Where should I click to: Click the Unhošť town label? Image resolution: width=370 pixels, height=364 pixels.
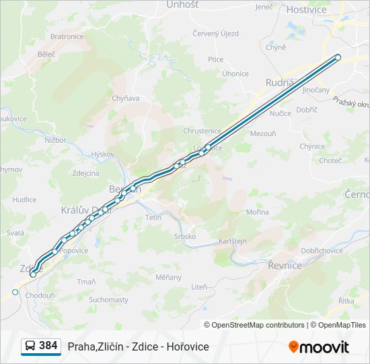click(x=182, y=5)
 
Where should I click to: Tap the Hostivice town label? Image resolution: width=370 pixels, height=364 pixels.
click(x=306, y=9)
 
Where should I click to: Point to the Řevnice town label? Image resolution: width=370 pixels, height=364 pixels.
click(x=285, y=266)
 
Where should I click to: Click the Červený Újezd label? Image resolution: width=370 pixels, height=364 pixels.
click(x=215, y=34)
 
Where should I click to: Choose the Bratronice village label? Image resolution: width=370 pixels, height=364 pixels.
click(x=67, y=36)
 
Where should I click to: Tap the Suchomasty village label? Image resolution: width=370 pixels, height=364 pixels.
click(x=108, y=299)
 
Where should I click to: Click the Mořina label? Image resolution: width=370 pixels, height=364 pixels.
click(x=257, y=212)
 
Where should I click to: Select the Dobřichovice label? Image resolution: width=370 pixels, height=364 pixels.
click(x=322, y=250)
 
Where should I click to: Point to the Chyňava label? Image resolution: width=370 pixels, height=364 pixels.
click(x=125, y=98)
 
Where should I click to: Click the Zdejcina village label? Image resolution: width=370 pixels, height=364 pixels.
click(x=85, y=173)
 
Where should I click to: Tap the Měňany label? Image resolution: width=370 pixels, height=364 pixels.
click(x=168, y=277)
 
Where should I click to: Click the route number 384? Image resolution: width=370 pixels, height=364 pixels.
click(x=48, y=345)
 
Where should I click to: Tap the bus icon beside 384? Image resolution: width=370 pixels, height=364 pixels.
click(x=30, y=346)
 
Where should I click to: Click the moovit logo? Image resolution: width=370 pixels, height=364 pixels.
click(x=319, y=346)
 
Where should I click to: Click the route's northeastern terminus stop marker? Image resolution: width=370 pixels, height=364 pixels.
click(x=338, y=57)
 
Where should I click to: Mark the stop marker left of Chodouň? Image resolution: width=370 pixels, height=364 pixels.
click(x=15, y=292)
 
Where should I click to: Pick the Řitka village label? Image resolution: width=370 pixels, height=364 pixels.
click(x=346, y=301)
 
